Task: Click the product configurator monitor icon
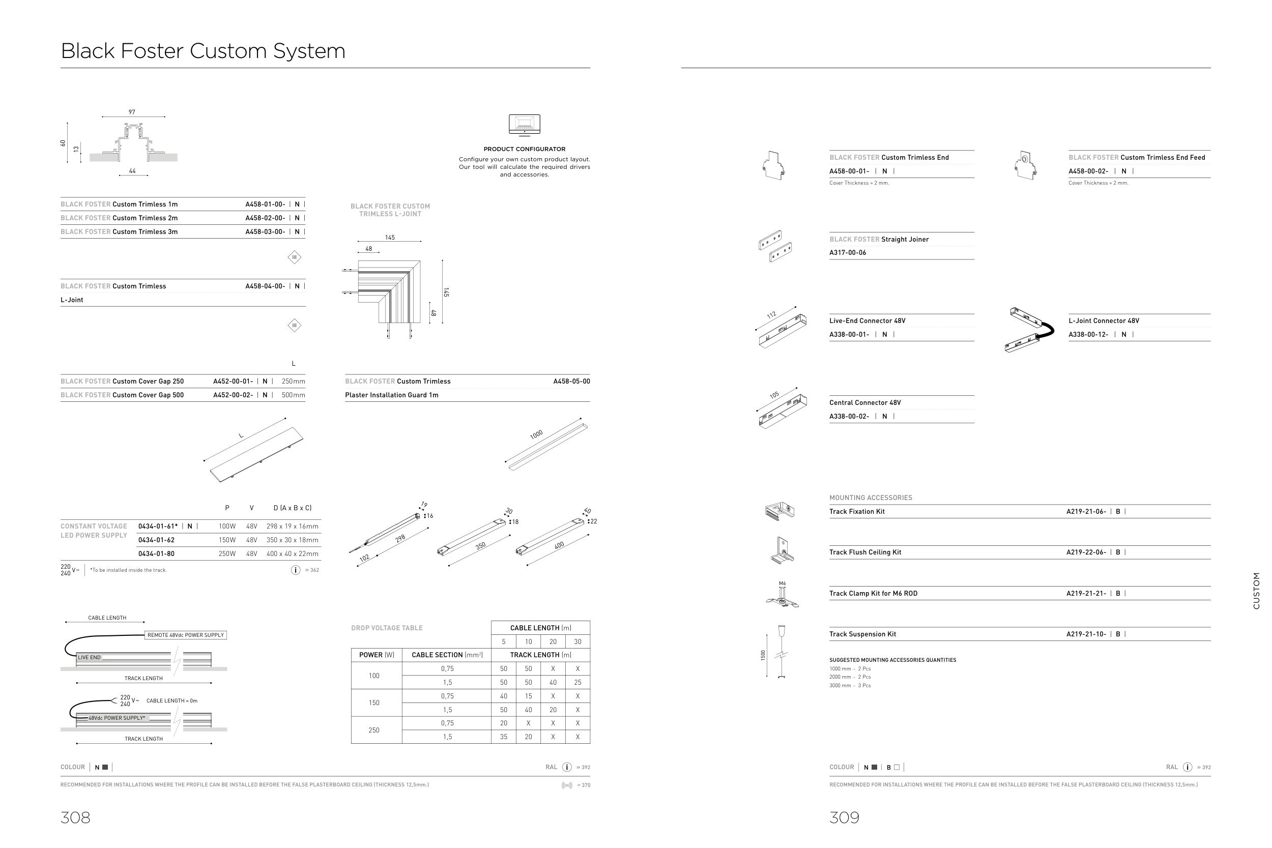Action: tap(524, 125)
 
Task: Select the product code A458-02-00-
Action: tap(265, 218)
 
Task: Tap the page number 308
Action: tap(75, 817)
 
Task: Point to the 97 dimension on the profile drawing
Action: tap(132, 112)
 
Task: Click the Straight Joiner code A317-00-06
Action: tap(848, 252)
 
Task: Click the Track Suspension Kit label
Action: tap(862, 634)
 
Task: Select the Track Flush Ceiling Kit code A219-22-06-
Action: tap(1086, 552)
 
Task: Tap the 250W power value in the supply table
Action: tap(227, 554)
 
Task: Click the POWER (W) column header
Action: tap(377, 655)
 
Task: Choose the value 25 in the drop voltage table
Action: tap(577, 683)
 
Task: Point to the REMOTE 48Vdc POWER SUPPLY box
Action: tap(186, 635)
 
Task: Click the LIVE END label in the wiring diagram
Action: tap(89, 658)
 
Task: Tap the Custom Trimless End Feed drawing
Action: tap(1025, 165)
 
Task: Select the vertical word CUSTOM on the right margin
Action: tap(1256, 591)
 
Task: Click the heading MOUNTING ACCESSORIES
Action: tap(871, 498)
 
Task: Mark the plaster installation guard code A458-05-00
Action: tap(571, 382)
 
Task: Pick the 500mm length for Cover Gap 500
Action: tap(293, 395)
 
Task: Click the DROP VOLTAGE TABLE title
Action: tap(387, 628)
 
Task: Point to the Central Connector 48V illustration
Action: tap(783, 409)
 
